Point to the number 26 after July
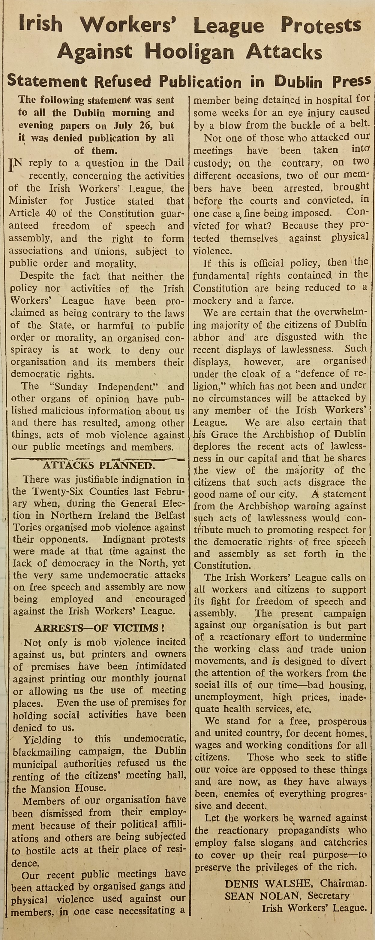pyautogui.click(x=145, y=126)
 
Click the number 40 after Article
pyautogui.click(x=53, y=214)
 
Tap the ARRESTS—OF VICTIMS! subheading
pyautogui.click(x=99, y=628)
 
